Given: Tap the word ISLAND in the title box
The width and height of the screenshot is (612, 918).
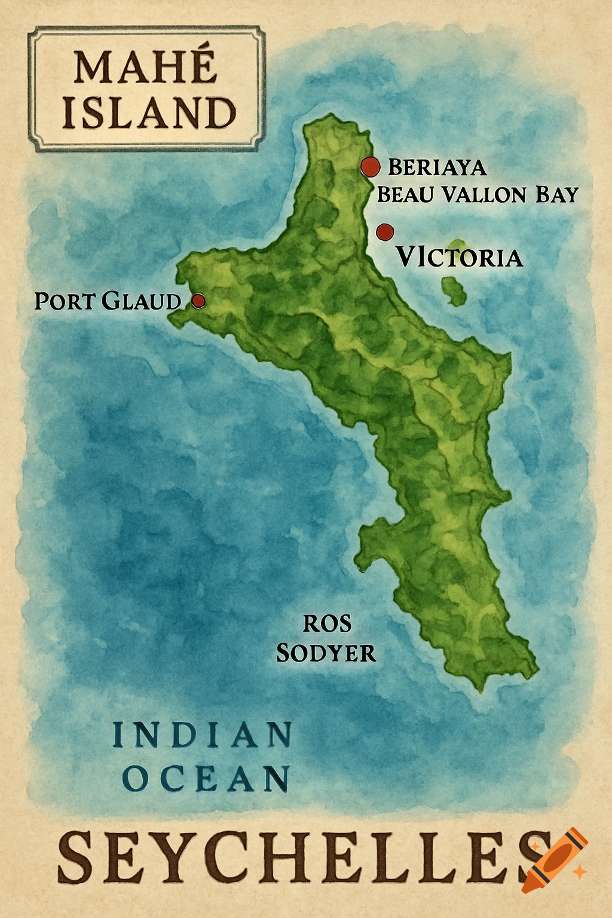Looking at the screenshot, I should [149, 113].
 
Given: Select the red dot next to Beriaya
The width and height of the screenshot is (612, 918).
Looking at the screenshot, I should [371, 167].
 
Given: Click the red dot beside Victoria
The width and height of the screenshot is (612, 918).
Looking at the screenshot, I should [385, 231].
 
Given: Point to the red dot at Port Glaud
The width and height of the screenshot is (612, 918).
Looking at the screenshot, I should [198, 300].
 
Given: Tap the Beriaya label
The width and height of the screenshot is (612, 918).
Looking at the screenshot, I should [437, 167].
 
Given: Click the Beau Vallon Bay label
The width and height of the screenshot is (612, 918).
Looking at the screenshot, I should [478, 195].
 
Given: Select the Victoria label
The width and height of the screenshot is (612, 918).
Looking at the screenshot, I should [460, 258].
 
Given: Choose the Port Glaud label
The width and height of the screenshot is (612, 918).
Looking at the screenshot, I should [108, 301].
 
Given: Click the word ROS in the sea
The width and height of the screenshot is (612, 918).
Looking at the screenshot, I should [327, 624].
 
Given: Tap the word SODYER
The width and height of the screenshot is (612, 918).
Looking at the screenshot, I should [326, 653].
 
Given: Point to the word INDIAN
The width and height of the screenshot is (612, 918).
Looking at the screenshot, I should [202, 735].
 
